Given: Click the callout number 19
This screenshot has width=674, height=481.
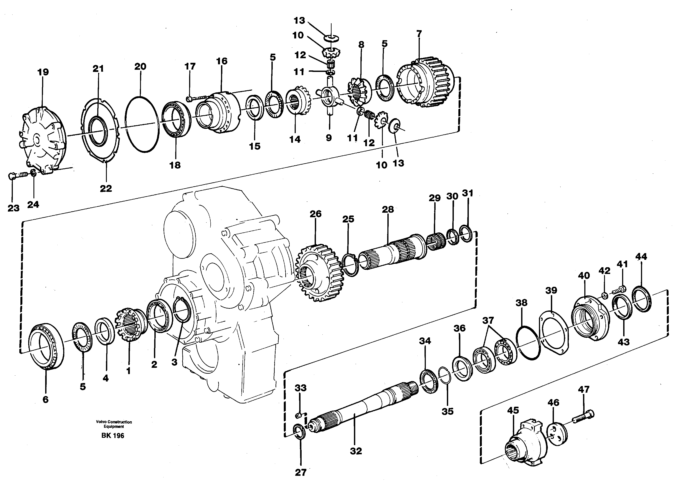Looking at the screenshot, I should pos(43,72).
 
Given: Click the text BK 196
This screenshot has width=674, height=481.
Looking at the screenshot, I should pos(113,435).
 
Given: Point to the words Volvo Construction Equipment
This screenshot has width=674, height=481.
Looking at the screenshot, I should pos(114,424).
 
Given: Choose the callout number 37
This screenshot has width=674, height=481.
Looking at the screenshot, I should pos(488,320).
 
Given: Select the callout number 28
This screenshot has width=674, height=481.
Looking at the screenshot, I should pos(388,209).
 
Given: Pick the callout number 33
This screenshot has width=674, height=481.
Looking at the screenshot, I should pos(301,388).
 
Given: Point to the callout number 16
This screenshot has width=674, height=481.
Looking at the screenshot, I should pos(222,61).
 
